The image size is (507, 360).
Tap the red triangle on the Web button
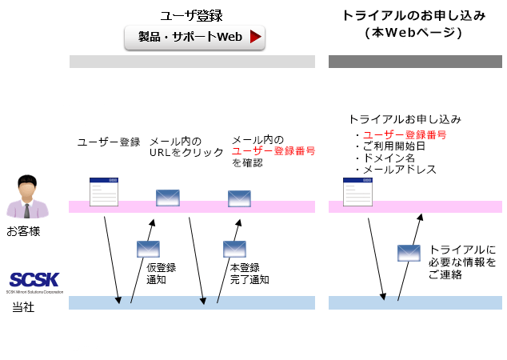(x=255, y=37)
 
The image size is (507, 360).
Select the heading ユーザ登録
(x=191, y=15)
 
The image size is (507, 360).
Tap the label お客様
(x=23, y=232)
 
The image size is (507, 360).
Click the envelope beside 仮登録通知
(x=148, y=249)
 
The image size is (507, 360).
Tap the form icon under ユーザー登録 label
(x=104, y=192)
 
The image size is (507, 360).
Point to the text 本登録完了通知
(x=249, y=274)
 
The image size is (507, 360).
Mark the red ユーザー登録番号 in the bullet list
(x=405, y=134)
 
